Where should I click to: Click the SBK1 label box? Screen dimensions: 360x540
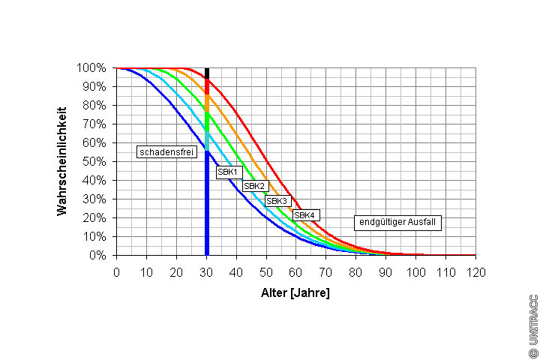click(x=227, y=172)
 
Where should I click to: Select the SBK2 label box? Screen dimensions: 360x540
click(x=255, y=186)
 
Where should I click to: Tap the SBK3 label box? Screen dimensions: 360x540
click(x=277, y=201)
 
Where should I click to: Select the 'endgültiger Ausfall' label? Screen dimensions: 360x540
click(x=397, y=222)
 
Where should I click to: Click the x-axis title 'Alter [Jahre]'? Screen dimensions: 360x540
click(x=295, y=292)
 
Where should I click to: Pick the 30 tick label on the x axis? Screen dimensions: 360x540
click(x=206, y=271)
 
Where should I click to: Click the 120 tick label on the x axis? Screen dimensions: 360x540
click(x=475, y=271)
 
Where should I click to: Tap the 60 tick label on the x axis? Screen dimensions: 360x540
click(x=296, y=271)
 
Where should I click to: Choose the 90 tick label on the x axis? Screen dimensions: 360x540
click(x=385, y=271)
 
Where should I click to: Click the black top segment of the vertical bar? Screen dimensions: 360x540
click(x=207, y=73)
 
